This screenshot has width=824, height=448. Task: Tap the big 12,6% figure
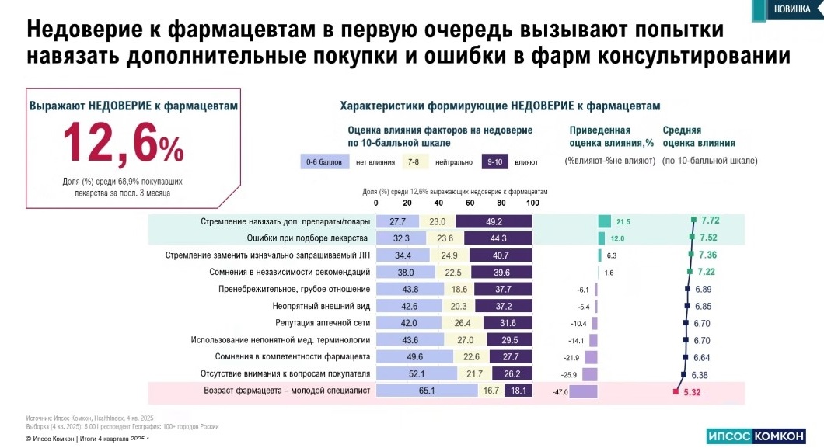pyautogui.click(x=123, y=141)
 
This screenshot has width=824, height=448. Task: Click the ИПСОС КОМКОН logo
pyautogui.click(x=755, y=436)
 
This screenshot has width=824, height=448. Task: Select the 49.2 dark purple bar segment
pyautogui.click(x=494, y=221)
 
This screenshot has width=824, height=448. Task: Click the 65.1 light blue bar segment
pyautogui.click(x=427, y=391)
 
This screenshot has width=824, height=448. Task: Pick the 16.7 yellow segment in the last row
pyautogui.click(x=491, y=391)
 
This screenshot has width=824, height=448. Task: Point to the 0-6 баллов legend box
pyautogui.click(x=322, y=161)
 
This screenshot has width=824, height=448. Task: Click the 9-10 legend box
pyautogui.click(x=494, y=161)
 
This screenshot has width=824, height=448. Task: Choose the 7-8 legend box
pyautogui.click(x=413, y=161)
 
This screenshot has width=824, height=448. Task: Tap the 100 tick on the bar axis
pyautogui.click(x=532, y=203)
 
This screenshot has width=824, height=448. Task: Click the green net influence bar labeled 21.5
pyautogui.click(x=604, y=221)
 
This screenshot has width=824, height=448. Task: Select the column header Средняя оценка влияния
pyautogui.click(x=698, y=137)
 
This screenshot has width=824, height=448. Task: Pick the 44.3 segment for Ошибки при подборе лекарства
pyautogui.click(x=494, y=238)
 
